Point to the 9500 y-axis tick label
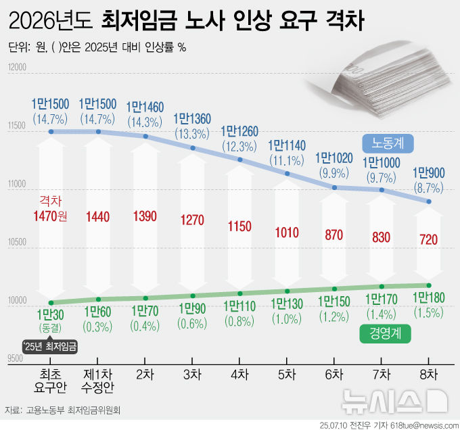click(16, 359)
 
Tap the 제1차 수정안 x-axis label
click(98, 380)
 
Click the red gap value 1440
click(98, 216)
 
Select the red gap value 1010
click(287, 234)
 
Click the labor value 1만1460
click(145, 107)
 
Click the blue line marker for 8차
click(429, 201)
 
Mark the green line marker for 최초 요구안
click(51, 302)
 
